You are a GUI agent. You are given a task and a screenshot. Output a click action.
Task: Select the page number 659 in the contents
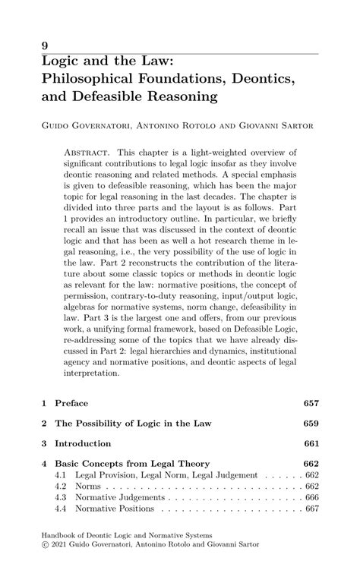[311, 422]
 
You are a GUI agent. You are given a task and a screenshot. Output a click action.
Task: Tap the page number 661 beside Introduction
[311, 443]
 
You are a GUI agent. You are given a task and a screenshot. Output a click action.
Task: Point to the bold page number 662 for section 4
[311, 463]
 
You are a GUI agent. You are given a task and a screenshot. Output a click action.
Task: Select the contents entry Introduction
[87, 443]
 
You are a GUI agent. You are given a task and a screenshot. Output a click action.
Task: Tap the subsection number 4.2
[62, 486]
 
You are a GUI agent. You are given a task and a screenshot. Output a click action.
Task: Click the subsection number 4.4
[62, 509]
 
